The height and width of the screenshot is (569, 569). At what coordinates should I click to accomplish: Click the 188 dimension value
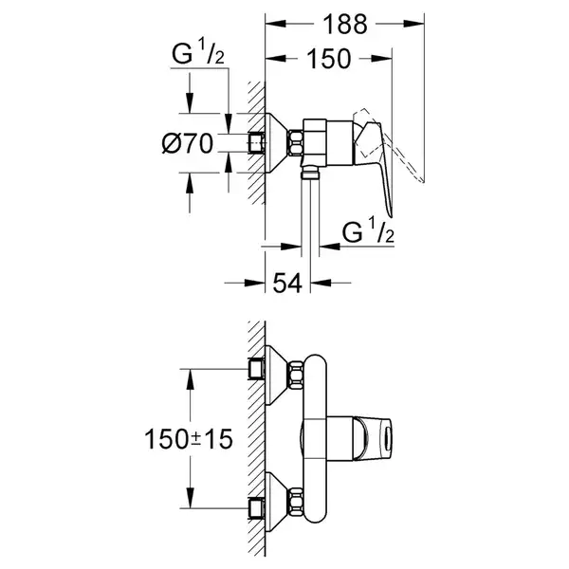tap(345, 25)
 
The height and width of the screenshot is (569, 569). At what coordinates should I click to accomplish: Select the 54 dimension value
tap(287, 284)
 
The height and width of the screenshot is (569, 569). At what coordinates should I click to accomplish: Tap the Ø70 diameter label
tap(187, 143)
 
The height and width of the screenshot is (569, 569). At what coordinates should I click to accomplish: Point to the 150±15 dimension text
tap(189, 439)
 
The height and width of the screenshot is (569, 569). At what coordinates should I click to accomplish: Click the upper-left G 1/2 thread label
tap(198, 53)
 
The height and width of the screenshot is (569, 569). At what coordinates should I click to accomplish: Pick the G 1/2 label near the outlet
tap(368, 230)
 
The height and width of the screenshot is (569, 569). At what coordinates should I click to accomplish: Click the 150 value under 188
tap(329, 59)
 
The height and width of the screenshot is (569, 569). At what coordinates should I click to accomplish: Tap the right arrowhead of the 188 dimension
tap(413, 24)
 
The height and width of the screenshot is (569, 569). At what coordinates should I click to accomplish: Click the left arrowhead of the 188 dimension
tap(276, 24)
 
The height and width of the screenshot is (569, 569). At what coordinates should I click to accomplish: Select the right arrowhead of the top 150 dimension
tap(381, 58)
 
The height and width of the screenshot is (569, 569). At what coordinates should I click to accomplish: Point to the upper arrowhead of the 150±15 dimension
tap(190, 379)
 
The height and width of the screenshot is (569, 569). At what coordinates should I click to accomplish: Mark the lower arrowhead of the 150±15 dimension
tap(190, 498)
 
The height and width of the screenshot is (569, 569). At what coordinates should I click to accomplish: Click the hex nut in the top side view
tap(296, 143)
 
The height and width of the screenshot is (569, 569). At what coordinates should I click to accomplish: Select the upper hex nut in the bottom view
tap(296, 376)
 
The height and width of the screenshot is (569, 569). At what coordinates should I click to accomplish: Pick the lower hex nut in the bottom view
tap(296, 502)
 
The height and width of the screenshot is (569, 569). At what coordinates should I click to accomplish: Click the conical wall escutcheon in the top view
tap(277, 143)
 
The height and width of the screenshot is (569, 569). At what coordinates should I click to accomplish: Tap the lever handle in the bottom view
tap(373, 438)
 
